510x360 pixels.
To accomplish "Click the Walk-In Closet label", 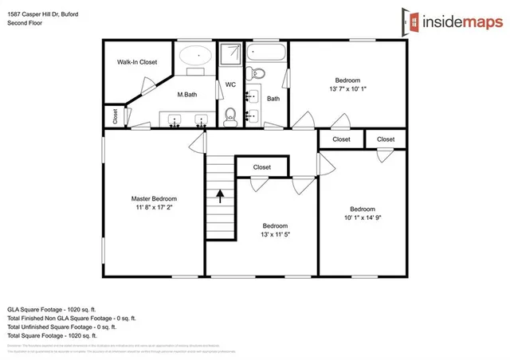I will [137, 62].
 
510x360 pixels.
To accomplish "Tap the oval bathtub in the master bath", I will [194, 57].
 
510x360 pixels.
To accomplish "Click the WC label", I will [230, 84].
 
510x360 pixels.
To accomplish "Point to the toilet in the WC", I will [230, 115].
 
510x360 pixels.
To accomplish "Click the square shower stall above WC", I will [230, 55].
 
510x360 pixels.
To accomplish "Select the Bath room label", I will [273, 99].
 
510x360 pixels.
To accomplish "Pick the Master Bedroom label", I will [154, 198].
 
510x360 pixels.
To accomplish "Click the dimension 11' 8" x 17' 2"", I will [154, 207].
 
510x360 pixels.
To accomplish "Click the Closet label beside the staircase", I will [261, 168].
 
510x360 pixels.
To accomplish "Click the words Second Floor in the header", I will [26, 24].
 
